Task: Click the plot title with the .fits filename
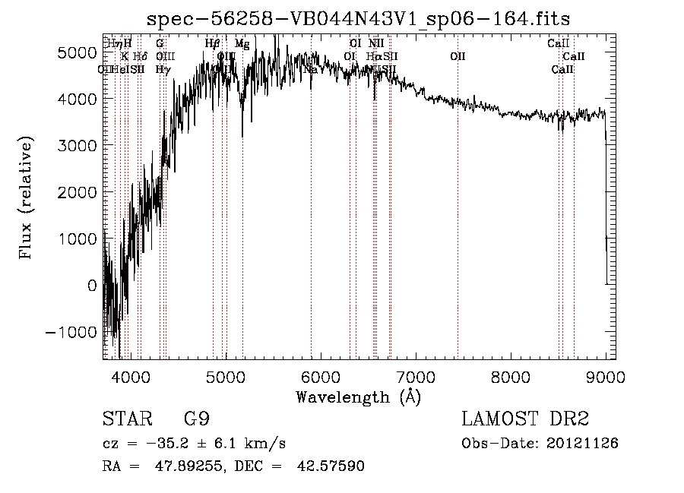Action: (x=358, y=18)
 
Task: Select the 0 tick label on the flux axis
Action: (x=93, y=286)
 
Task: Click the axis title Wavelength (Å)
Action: (x=358, y=396)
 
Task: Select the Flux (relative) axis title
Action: (x=27, y=198)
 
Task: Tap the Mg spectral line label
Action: (x=242, y=44)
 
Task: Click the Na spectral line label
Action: (x=310, y=70)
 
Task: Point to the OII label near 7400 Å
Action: (x=458, y=56)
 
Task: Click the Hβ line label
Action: (x=213, y=44)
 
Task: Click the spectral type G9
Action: (x=196, y=419)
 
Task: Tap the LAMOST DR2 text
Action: (x=525, y=419)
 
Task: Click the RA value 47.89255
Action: (x=180, y=466)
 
